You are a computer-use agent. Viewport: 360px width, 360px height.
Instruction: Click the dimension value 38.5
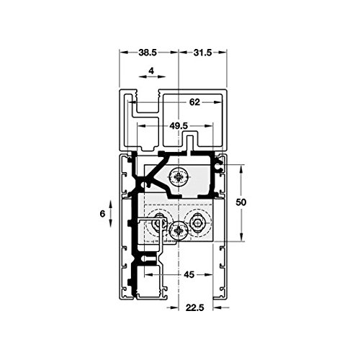148,53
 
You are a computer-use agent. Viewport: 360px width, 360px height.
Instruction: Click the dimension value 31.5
202,53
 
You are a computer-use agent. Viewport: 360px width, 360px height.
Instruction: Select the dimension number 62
194,102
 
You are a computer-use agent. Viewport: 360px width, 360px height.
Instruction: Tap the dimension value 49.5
179,125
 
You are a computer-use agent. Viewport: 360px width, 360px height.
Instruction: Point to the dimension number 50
241,202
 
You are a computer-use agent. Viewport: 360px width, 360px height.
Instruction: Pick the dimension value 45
189,274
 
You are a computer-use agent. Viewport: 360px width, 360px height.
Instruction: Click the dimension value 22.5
194,307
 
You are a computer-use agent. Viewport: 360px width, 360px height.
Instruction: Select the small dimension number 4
151,71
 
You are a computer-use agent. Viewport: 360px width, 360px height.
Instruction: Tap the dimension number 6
102,213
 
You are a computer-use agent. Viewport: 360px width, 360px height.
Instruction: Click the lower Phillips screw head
179,231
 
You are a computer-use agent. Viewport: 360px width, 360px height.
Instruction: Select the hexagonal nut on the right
197,224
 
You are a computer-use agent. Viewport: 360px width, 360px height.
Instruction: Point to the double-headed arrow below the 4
152,77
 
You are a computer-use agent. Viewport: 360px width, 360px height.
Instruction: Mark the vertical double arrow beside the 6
110,213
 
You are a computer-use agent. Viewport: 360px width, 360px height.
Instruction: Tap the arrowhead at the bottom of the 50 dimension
241,237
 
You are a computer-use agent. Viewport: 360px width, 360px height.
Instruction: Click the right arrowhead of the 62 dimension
217,102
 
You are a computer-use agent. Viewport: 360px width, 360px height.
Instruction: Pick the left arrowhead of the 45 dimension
148,274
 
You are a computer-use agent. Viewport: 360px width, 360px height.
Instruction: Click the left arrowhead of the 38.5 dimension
123,53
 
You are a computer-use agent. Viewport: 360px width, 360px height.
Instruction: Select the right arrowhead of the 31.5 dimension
222,53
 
